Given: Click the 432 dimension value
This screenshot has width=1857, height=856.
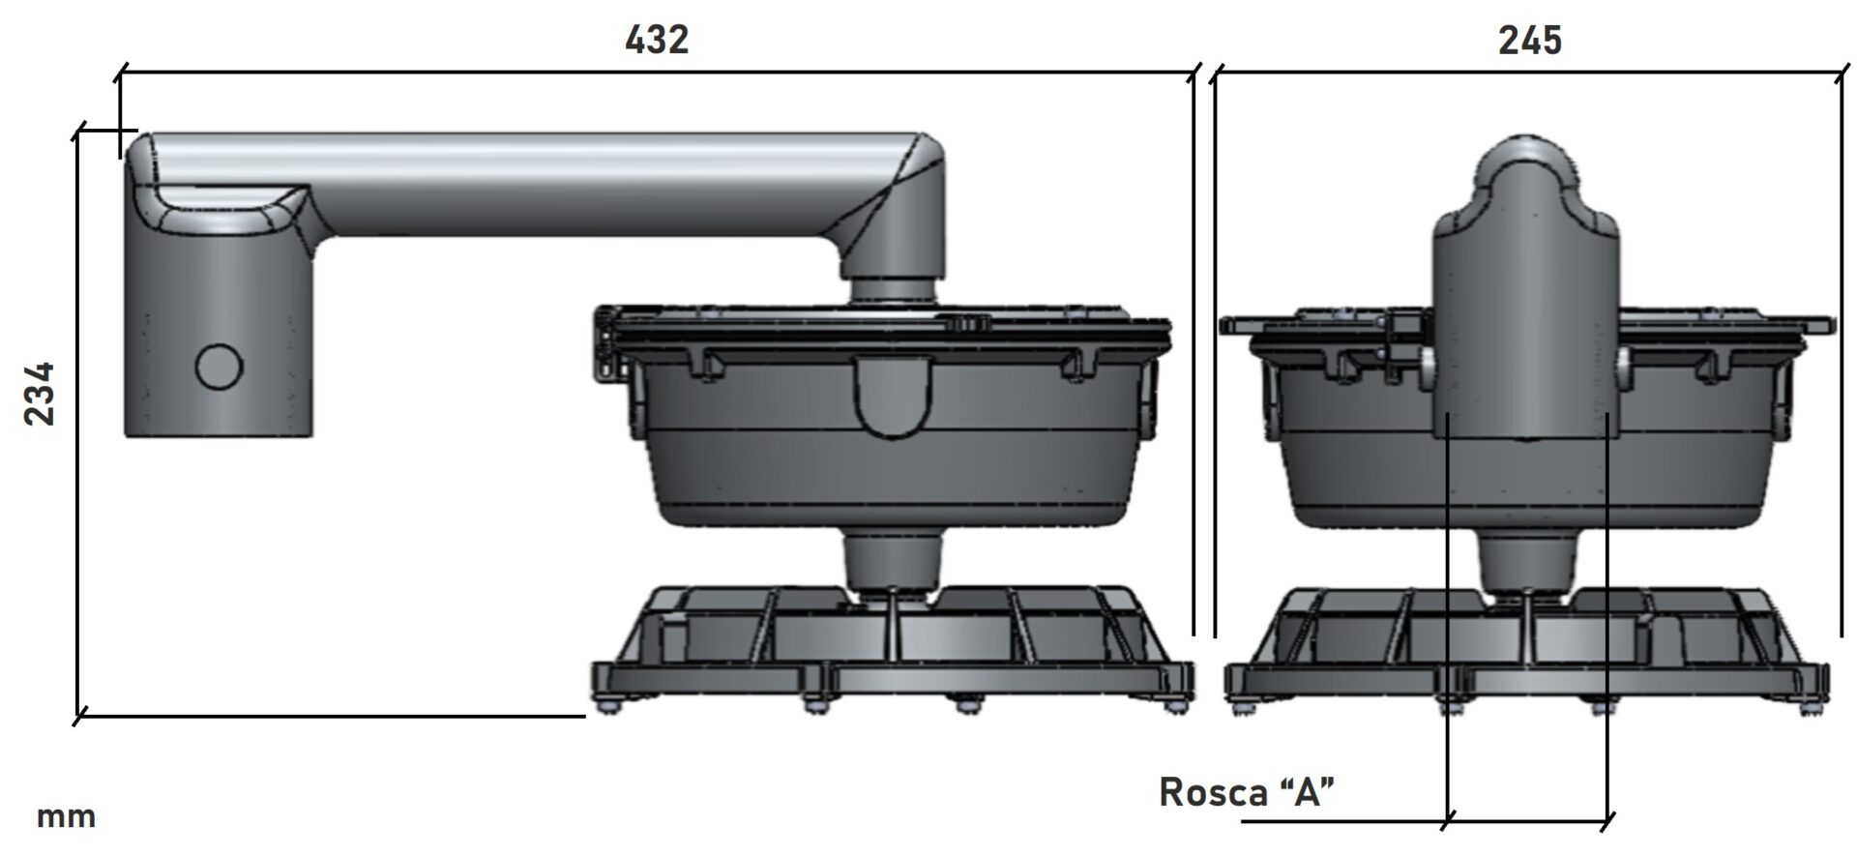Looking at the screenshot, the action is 657,40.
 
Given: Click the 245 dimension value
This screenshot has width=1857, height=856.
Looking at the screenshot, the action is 1530,41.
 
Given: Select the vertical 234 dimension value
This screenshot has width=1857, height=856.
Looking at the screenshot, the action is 41,394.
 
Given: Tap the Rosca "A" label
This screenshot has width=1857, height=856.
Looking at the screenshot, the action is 1247,792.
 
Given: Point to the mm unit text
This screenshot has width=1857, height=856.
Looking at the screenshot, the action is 66,817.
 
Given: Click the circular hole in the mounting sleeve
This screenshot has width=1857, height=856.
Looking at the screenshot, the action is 219,367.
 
